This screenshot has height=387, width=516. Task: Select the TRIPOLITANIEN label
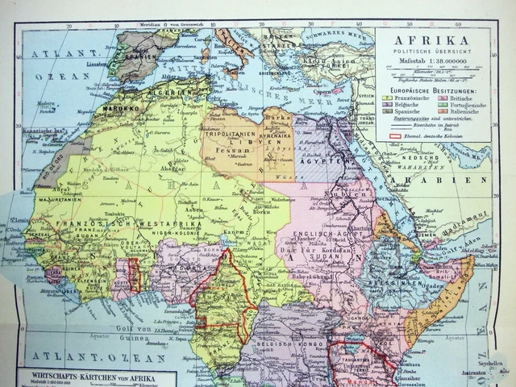pyautogui.click(x=230, y=134)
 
